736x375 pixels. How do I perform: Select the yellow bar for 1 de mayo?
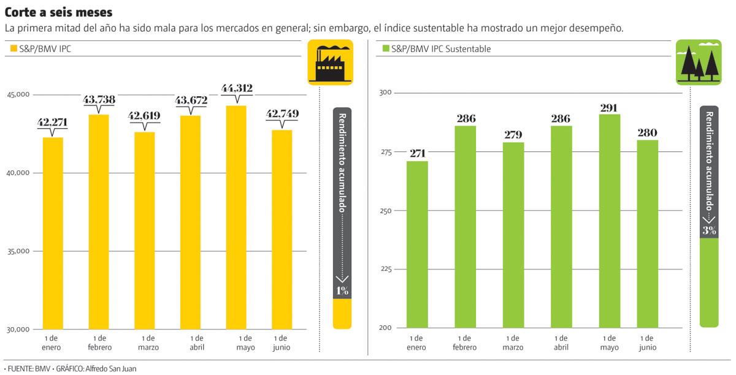(236, 218)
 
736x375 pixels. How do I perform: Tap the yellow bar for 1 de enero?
(52, 233)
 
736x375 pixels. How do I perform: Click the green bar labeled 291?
(609, 221)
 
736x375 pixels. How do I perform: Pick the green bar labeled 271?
(417, 244)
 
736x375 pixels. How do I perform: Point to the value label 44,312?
(237, 89)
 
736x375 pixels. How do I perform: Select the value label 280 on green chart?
(647, 132)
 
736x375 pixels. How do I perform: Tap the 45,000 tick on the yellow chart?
(18, 95)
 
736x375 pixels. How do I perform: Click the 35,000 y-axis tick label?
(18, 251)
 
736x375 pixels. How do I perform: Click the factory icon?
(330, 62)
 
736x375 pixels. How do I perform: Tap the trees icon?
(699, 62)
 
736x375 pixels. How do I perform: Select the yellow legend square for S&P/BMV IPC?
(13, 49)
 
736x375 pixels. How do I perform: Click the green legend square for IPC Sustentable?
(386, 49)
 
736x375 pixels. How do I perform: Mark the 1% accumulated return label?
(342, 290)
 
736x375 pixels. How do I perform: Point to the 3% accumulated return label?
(709, 230)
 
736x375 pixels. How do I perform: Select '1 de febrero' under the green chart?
(464, 343)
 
